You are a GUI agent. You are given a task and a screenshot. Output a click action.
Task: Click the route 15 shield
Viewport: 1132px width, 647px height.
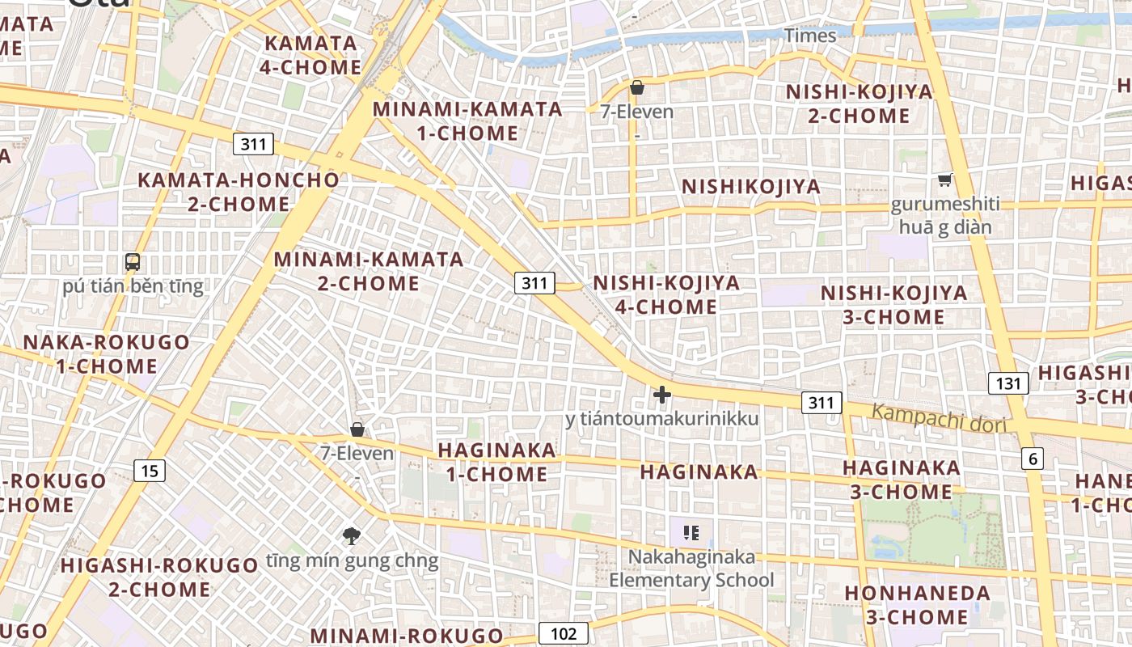(x=150, y=470)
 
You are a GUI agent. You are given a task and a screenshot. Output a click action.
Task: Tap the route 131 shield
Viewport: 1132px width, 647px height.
(x=1008, y=383)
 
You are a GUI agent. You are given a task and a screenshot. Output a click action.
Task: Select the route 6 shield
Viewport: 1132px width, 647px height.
(x=1032, y=459)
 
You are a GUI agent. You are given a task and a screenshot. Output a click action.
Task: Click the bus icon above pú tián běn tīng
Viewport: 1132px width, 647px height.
(x=133, y=262)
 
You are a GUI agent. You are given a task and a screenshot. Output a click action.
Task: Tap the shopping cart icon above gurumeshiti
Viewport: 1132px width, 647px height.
(x=944, y=180)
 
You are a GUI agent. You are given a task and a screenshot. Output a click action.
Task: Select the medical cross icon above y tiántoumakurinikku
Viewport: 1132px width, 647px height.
(x=662, y=395)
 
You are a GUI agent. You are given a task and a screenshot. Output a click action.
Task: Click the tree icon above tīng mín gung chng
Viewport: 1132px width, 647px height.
(x=352, y=535)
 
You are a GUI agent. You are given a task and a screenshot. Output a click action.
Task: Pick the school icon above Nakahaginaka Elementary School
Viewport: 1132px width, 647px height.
(x=691, y=532)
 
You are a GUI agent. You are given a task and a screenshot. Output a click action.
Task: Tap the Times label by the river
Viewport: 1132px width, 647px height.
(x=810, y=36)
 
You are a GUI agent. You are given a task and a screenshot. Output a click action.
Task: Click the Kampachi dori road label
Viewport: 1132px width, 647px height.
(x=939, y=418)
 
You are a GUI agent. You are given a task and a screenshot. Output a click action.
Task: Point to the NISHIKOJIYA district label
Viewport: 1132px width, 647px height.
(x=751, y=187)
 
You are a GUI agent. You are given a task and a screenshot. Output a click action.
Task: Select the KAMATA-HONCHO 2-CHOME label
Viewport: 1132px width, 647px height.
(x=239, y=192)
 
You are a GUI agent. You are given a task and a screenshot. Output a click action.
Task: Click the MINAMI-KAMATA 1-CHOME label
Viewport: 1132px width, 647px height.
(x=467, y=121)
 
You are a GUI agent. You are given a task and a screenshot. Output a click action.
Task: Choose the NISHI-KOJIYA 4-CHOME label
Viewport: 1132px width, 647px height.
(x=666, y=294)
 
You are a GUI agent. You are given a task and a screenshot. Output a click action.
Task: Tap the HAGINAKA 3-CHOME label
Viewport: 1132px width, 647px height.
(x=902, y=480)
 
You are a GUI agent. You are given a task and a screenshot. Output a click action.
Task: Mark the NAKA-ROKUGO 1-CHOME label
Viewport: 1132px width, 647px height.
(x=106, y=353)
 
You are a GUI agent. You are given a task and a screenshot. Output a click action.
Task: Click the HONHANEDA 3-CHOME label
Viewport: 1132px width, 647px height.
(x=917, y=605)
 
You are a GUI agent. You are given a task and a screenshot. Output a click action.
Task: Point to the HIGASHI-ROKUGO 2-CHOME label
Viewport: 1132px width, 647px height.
(x=159, y=577)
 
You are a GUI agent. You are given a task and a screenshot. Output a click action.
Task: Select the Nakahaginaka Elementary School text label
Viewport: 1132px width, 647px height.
(x=691, y=569)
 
